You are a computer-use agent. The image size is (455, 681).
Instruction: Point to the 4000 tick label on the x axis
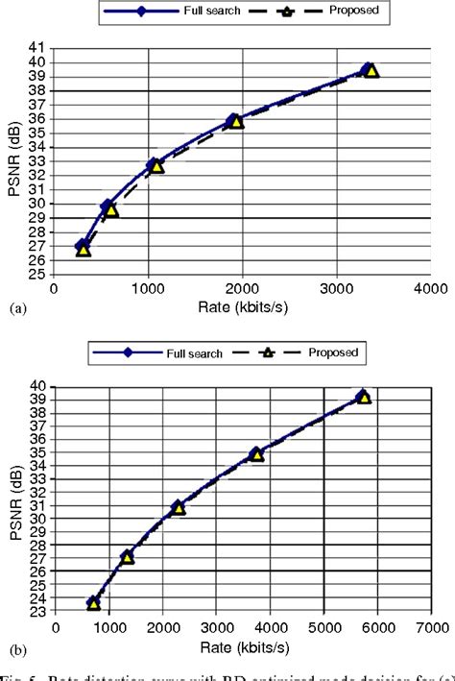[x=431, y=287]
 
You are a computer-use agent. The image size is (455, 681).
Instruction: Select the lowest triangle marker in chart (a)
[x=84, y=249]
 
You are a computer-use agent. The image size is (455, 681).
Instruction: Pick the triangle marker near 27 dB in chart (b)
[x=128, y=557]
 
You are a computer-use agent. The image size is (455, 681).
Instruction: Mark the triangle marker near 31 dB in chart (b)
[x=179, y=507]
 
